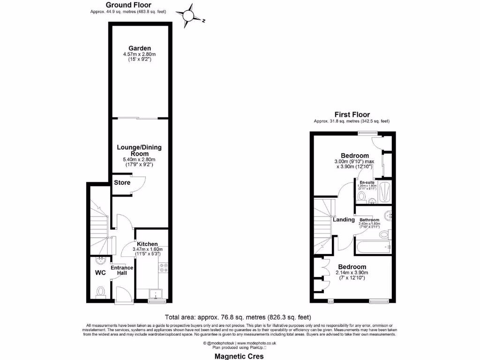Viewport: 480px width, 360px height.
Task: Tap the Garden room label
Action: click(x=140, y=48)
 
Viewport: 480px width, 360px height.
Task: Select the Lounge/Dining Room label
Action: click(x=139, y=150)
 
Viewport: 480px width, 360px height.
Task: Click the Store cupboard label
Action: click(x=122, y=183)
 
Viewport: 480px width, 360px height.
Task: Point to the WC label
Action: click(x=100, y=272)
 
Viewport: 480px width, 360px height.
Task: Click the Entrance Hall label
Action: click(x=122, y=270)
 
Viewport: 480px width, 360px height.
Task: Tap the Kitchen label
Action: click(x=147, y=244)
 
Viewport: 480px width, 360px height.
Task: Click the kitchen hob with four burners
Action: click(x=164, y=268)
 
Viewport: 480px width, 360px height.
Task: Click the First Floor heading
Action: click(x=352, y=114)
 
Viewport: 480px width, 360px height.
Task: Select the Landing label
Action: click(x=344, y=219)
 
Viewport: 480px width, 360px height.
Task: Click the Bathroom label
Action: click(x=369, y=220)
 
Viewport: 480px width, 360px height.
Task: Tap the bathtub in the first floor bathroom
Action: click(x=373, y=247)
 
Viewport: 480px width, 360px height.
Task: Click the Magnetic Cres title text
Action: click(x=239, y=356)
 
